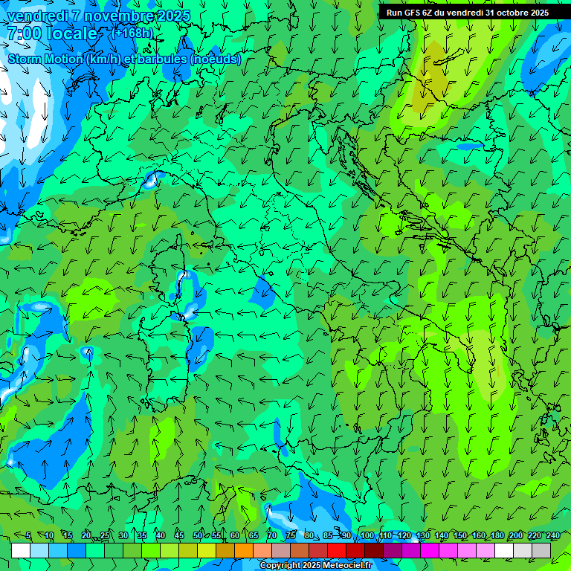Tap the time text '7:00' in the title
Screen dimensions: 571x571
26,33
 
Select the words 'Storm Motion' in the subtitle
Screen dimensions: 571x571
45,59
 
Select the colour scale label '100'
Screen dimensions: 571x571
367,535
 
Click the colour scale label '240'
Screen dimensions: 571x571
552,535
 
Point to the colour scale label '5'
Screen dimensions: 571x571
28,535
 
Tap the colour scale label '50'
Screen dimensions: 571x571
197,535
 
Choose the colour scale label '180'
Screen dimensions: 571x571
497,535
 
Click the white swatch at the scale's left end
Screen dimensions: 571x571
21,550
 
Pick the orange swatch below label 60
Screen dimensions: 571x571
244,550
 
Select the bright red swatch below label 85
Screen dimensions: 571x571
337,550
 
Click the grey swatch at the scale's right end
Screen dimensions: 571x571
541,550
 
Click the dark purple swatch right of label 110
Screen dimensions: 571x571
393,550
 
